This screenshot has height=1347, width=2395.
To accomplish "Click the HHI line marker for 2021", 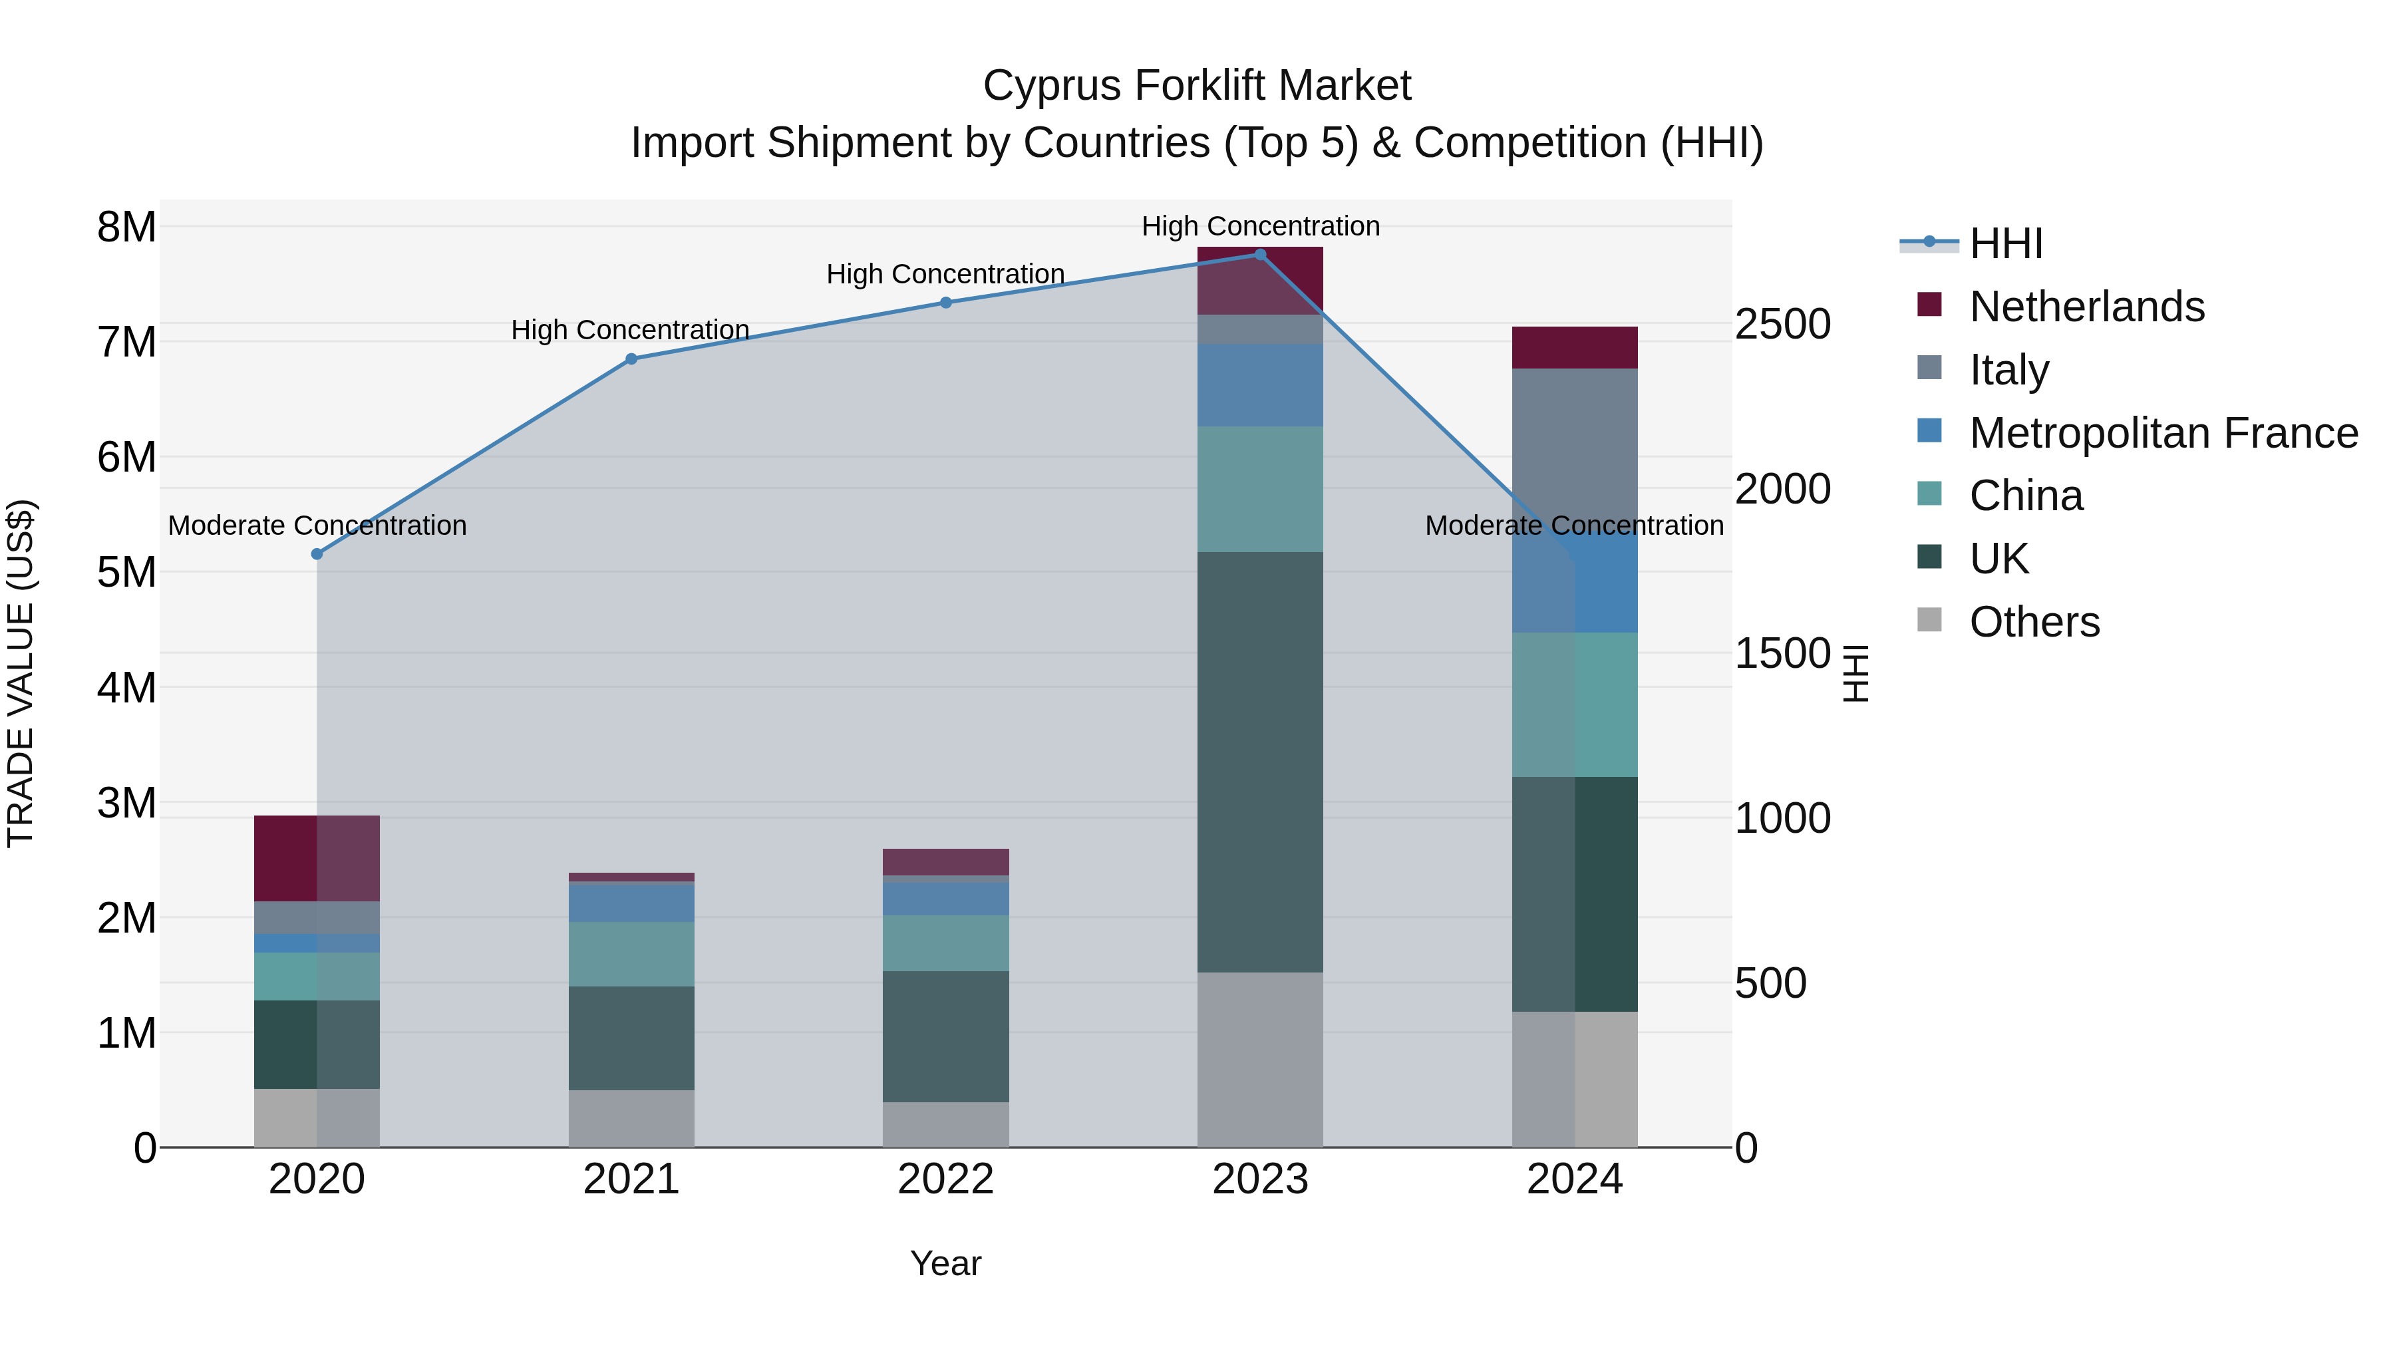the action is (x=631, y=359).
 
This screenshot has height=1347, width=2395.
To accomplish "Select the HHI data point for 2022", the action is (x=945, y=302).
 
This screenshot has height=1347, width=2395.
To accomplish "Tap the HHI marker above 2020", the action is (x=317, y=554).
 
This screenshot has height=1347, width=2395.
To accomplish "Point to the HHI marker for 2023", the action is (x=1260, y=254).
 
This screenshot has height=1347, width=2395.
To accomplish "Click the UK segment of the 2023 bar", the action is (x=1260, y=762).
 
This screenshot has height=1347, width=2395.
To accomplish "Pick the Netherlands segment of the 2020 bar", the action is (x=317, y=859).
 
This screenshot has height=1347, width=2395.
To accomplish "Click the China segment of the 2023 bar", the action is (x=1260, y=489).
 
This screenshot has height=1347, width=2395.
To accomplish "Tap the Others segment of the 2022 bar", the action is (x=945, y=1125).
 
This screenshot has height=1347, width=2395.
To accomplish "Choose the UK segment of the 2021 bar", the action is (x=631, y=1038).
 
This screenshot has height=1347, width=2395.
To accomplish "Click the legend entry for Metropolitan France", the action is (x=2138, y=433).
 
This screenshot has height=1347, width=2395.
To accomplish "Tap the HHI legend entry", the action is (x=1972, y=243).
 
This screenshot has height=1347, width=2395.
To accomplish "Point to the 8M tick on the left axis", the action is (x=126, y=227).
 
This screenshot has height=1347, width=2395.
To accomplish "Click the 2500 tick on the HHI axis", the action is (x=1783, y=325).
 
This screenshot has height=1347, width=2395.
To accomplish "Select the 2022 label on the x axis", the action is (x=945, y=1179).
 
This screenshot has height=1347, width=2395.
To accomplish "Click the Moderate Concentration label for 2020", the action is (x=317, y=525).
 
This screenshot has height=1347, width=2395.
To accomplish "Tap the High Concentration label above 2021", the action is (x=631, y=330).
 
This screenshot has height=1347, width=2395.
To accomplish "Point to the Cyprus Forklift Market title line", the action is (x=1197, y=86).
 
